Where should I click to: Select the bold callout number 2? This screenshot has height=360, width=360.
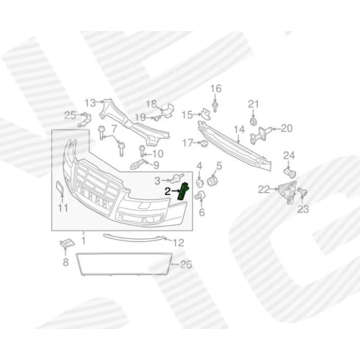coord(168,192)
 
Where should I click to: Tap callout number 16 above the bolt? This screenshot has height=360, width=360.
coord(216,89)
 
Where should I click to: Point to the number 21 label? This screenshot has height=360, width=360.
coord(253,104)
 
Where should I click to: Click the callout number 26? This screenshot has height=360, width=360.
coord(186,264)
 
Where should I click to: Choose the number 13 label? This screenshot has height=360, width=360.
coord(90,103)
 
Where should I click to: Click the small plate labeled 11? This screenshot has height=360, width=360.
coord(60,188)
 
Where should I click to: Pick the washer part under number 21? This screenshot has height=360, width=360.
coord(253,121)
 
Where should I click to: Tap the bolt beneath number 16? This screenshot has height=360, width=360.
coord(215,107)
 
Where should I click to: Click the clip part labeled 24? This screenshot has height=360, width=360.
coord(290,172)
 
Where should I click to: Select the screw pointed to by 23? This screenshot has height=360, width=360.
coord(302,192)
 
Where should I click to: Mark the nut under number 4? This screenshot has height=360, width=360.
coord(199,183)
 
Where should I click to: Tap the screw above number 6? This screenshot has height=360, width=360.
coord(201,195)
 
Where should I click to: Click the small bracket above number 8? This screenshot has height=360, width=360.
coord(67,243)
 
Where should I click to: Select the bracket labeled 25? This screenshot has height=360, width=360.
coord(85,119)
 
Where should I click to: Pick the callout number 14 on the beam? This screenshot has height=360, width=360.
coord(239,130)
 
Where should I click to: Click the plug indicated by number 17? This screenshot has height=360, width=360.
coord(204,144)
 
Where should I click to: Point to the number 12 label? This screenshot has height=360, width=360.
coord(179,243)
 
